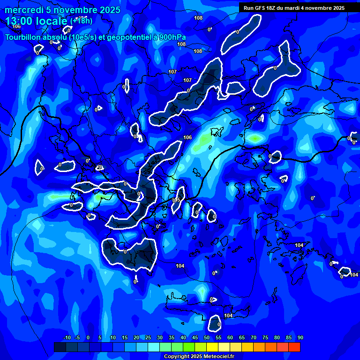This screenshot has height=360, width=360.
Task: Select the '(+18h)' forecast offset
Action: [x=81, y=21]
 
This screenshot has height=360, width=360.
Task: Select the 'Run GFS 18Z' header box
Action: [x=294, y=7]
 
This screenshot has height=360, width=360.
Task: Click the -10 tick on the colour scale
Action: [x=67, y=338]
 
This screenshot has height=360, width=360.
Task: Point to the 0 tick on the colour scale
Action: [x=88, y=338]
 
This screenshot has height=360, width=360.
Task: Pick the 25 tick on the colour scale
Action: [x=148, y=338]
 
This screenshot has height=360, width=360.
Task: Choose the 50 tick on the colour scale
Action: [x=207, y=338]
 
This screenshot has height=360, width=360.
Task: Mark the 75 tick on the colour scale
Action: [x=265, y=338]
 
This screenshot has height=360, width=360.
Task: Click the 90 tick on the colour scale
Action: [x=300, y=338]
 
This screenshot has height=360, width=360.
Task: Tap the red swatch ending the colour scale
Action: [x=294, y=347]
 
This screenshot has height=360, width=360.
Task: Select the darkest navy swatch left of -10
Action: [x=60, y=347]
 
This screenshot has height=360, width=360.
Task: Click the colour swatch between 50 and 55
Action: [x=212, y=347]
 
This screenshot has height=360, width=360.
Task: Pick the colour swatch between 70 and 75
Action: [x=259, y=347]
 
